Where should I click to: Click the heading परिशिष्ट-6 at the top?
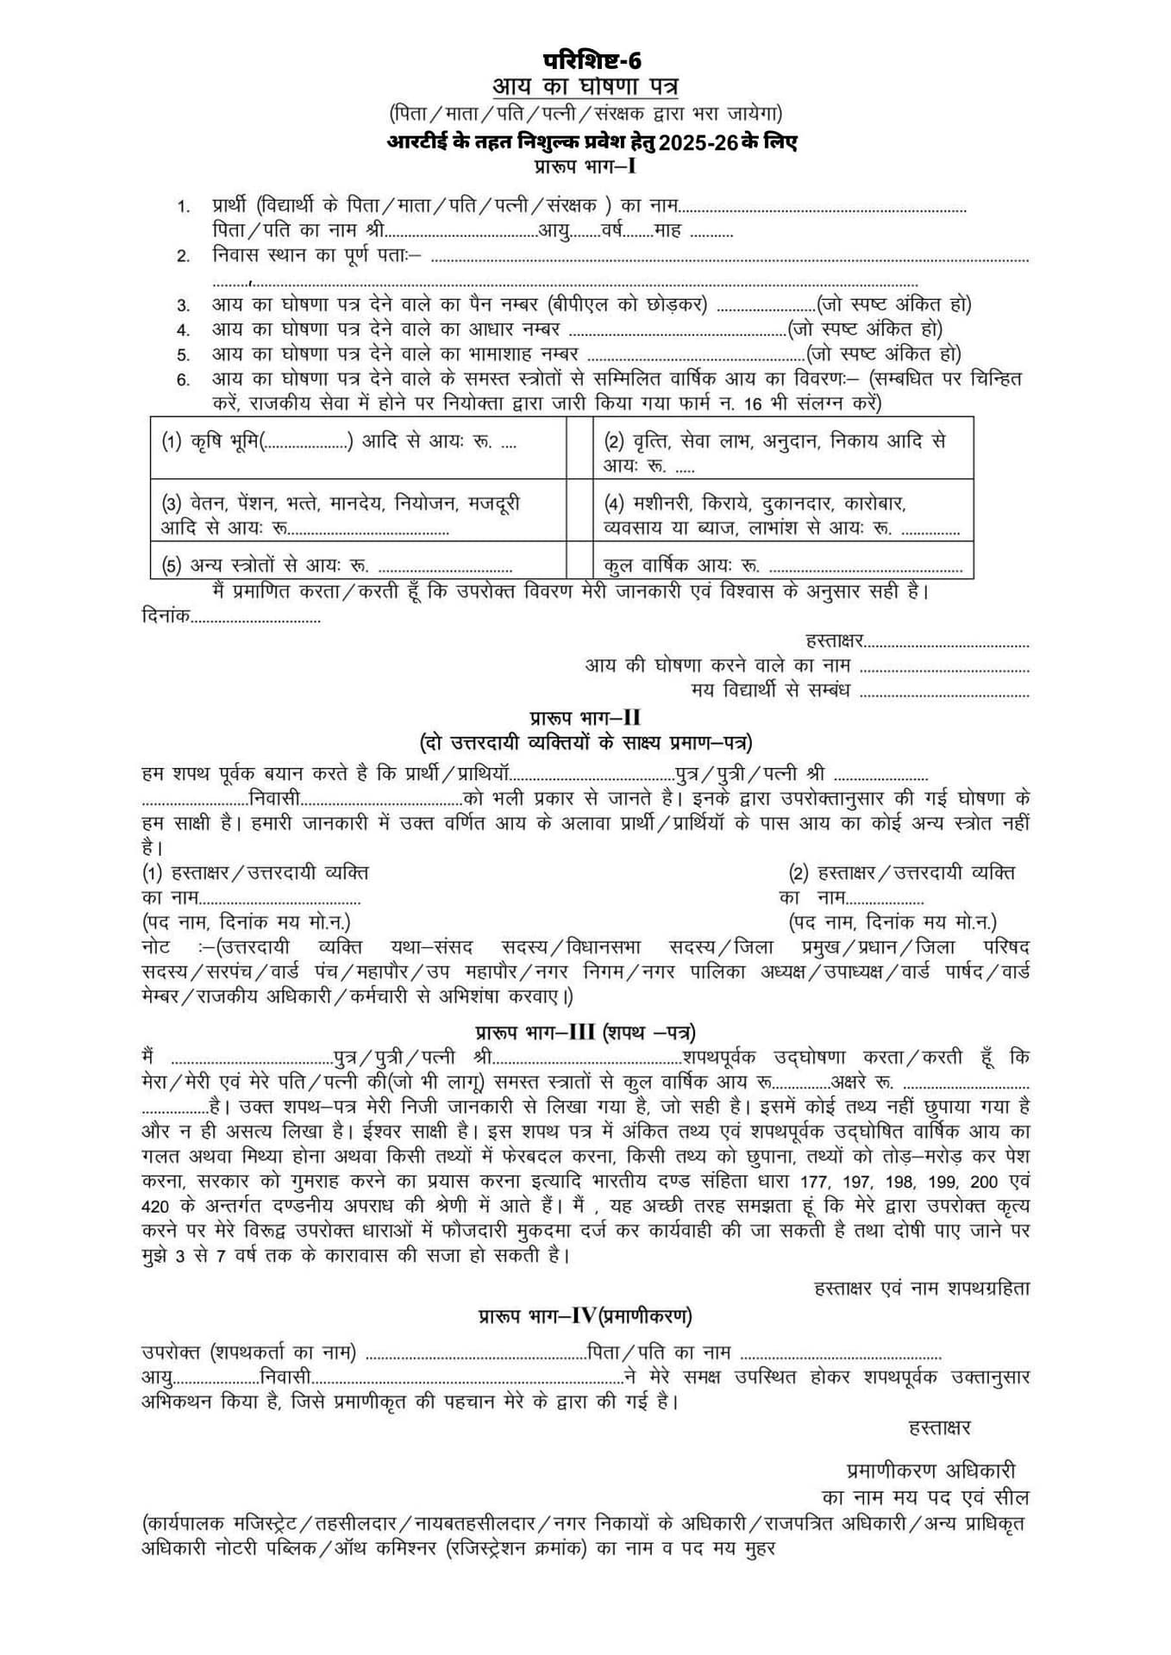pos(592,61)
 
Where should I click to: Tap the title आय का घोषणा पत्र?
pos(585,87)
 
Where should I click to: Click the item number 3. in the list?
pos(184,305)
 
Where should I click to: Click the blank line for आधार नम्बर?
pos(678,331)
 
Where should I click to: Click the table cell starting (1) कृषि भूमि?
pos(358,447)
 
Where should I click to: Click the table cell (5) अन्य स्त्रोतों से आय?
pos(358,565)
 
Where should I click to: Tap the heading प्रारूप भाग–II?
pos(585,718)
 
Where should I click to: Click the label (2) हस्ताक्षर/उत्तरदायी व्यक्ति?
pos(902,873)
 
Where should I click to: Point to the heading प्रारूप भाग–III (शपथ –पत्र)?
pos(585,1032)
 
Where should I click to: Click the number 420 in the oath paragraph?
pos(156,1206)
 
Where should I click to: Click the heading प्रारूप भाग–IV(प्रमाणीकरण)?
pos(585,1316)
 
